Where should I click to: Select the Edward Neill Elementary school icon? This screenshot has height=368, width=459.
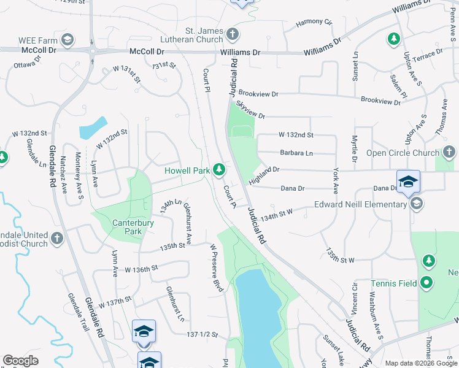pyautogui.click(x=417, y=204)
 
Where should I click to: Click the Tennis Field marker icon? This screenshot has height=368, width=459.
pyautogui.click(x=428, y=283)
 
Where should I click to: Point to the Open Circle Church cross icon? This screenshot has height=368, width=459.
pyautogui.click(x=449, y=152)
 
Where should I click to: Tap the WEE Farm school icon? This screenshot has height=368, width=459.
pyautogui.click(x=67, y=40)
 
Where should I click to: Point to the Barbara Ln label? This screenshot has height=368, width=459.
pyautogui.click(x=296, y=153)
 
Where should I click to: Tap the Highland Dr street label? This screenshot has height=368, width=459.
pyautogui.click(x=264, y=175)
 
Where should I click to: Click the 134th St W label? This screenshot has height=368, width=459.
pyautogui.click(x=276, y=214)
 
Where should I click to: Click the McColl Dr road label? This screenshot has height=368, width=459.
pyautogui.click(x=147, y=53)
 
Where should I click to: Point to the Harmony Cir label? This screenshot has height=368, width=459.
pyautogui.click(x=314, y=23)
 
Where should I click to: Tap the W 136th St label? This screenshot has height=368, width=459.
pyautogui.click(x=141, y=269)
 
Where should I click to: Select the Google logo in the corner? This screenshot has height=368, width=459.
pyautogui.click(x=20, y=361)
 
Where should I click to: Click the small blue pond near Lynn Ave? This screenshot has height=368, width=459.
pyautogui.click(x=93, y=127)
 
